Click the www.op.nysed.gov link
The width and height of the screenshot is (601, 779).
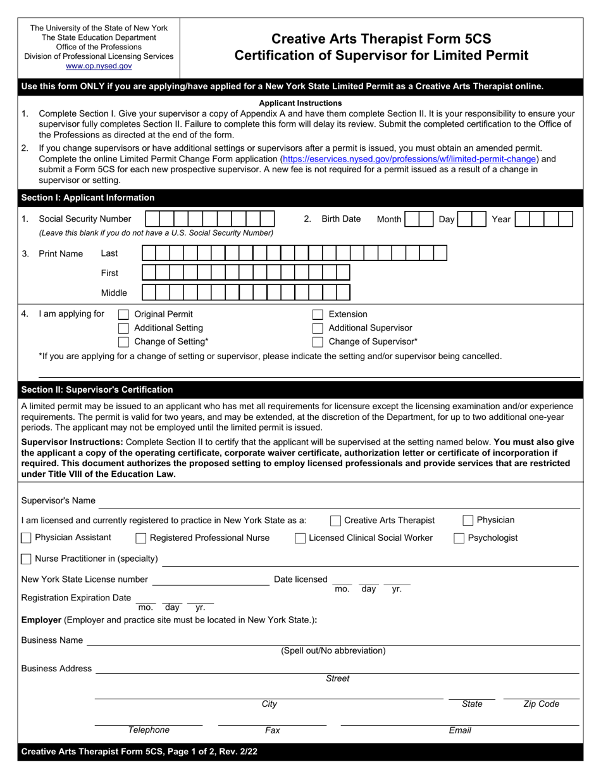[99, 66]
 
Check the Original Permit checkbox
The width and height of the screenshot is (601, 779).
[124, 315]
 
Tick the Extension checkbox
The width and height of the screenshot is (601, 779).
[318, 315]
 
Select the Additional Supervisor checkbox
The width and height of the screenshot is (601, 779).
[318, 328]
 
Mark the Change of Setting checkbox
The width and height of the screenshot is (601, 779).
[124, 342]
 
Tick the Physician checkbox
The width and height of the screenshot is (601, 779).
[468, 521]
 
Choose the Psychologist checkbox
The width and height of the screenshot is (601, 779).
[459, 538]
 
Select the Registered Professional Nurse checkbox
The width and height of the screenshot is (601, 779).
[141, 538]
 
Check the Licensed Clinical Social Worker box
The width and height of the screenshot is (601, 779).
[300, 538]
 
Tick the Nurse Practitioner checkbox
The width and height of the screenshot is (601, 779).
[27, 559]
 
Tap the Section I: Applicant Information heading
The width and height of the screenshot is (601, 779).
[88, 198]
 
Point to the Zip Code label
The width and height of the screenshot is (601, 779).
[541, 704]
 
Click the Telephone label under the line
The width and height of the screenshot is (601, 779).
[149, 730]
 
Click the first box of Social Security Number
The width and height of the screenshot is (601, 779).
[152, 219]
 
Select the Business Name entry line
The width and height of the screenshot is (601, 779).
[333, 641]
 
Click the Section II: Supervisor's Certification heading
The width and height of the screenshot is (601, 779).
[97, 389]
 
